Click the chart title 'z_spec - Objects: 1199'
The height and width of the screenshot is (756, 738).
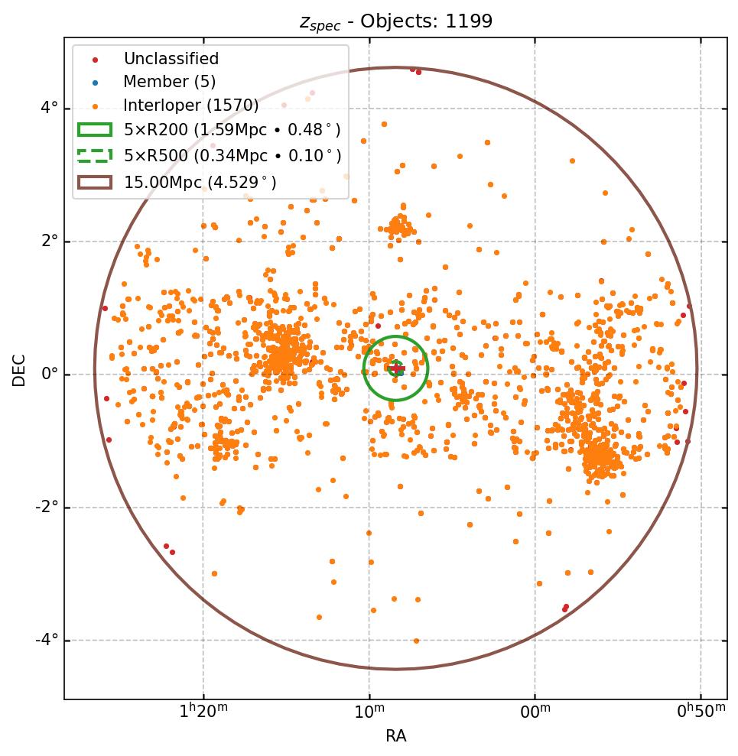click(395, 21)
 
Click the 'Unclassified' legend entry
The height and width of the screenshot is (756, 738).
click(171, 59)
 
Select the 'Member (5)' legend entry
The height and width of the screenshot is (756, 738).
click(169, 82)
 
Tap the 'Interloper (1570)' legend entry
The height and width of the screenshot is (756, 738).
click(190, 105)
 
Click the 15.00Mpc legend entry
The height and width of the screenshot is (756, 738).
click(200, 182)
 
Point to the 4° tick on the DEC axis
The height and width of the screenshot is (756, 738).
click(50, 108)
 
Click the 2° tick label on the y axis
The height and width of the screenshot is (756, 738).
click(50, 241)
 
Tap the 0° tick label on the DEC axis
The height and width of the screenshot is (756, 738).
click(50, 374)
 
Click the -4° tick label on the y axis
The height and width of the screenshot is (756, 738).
click(47, 640)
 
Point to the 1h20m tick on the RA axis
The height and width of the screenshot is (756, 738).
click(203, 712)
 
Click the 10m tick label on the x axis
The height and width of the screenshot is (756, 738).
click(369, 712)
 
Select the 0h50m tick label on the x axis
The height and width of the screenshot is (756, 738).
click(701, 712)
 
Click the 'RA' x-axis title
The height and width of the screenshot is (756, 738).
click(395, 736)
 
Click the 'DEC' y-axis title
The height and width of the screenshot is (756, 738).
click(19, 369)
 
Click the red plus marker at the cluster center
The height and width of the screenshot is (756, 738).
click(396, 368)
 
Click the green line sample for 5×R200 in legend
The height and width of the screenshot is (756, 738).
click(94, 130)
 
